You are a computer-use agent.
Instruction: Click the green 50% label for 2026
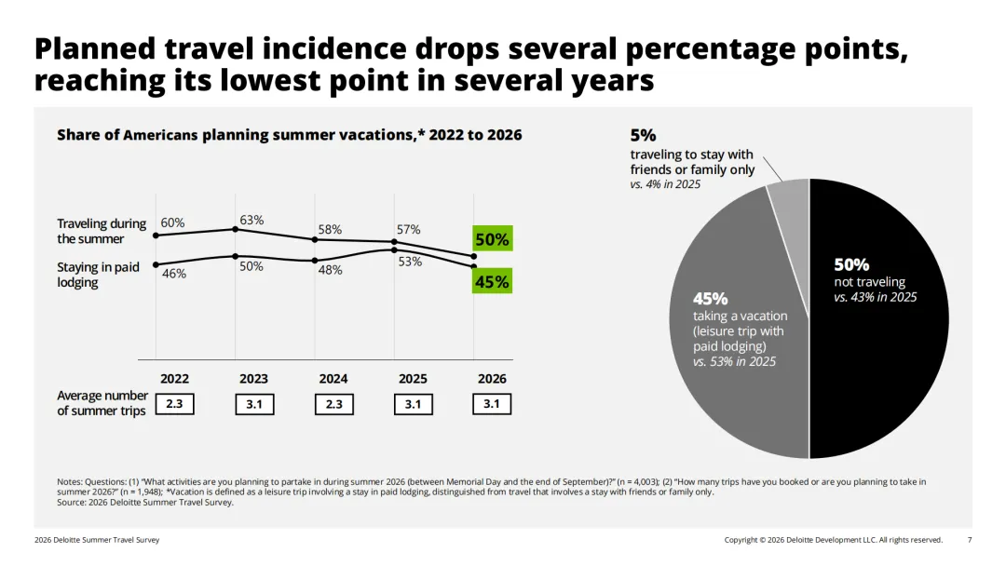coord(492,238)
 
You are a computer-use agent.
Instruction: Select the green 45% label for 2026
coord(492,281)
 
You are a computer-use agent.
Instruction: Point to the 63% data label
coord(251,220)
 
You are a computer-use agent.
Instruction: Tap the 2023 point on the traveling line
coord(236,229)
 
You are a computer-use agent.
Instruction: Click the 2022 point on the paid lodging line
coord(156,264)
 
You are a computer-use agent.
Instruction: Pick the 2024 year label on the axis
coord(333,379)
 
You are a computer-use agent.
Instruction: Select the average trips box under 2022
coord(174,404)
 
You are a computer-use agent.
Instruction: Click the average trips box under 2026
coord(492,404)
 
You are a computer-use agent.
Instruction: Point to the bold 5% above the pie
coord(643,135)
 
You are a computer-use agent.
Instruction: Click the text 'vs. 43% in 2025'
coord(875,297)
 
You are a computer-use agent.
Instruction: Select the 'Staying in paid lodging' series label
coord(98,275)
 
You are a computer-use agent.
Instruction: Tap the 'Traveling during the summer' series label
coord(102,231)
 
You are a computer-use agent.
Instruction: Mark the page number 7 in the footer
coord(970,540)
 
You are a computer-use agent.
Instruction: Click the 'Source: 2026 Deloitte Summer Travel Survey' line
coord(145,502)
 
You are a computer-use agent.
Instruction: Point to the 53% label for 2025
coord(410,262)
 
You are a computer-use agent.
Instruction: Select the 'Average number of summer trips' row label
coord(102,403)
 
